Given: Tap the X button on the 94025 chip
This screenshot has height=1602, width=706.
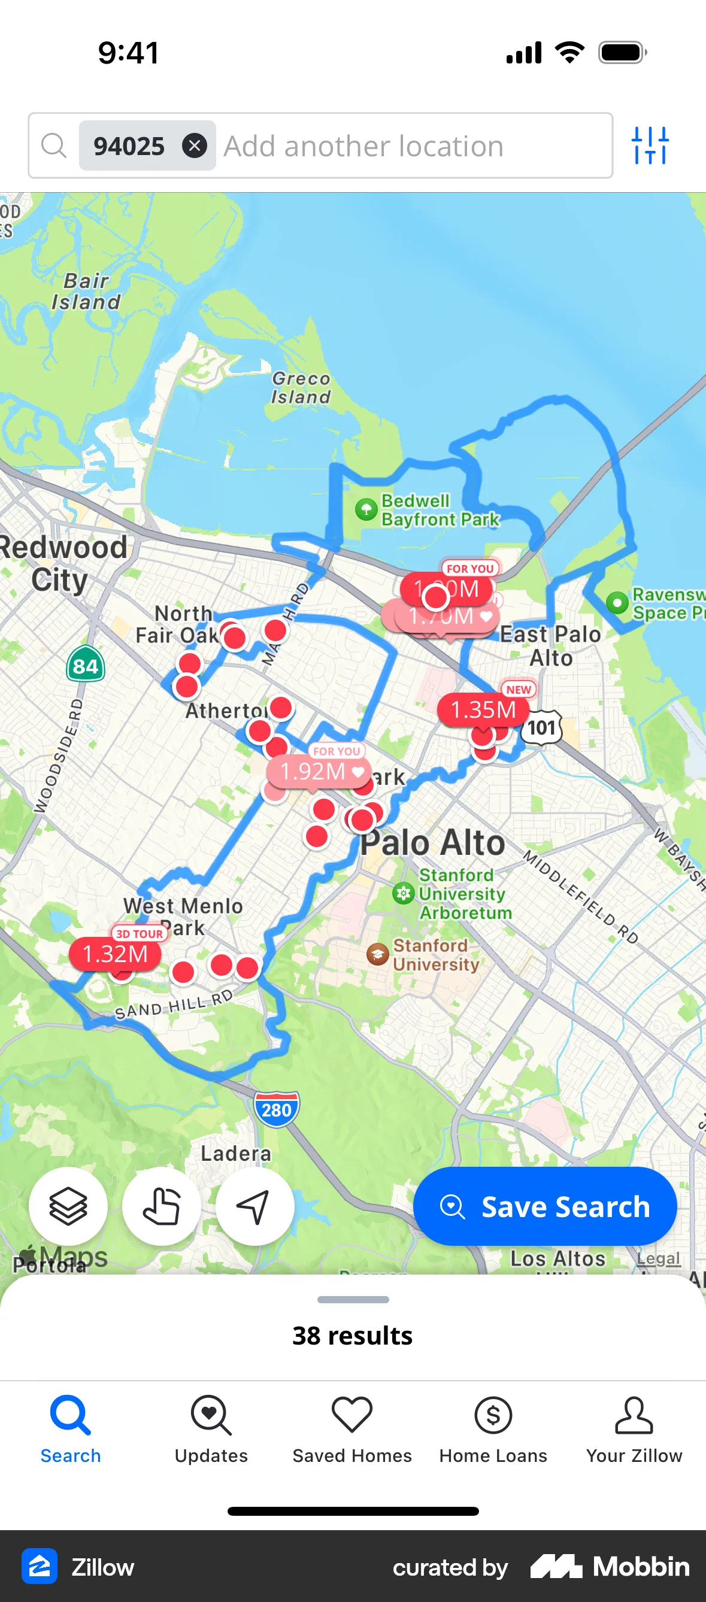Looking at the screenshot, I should [194, 146].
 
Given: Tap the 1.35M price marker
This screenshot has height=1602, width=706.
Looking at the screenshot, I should [483, 709].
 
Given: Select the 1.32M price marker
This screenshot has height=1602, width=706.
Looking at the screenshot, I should [114, 954].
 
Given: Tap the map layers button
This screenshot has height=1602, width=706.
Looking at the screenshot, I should [68, 1206].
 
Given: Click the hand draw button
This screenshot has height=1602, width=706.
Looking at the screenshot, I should [161, 1206].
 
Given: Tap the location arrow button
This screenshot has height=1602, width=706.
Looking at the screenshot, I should [254, 1206].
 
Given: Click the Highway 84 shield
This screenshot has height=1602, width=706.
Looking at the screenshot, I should [85, 666].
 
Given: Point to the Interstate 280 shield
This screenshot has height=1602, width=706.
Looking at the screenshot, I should [276, 1109].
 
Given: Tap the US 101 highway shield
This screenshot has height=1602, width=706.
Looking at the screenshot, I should [541, 727].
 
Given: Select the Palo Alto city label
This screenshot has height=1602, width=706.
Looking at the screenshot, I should [433, 844].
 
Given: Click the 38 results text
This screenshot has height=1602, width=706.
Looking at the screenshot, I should [352, 1335].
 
